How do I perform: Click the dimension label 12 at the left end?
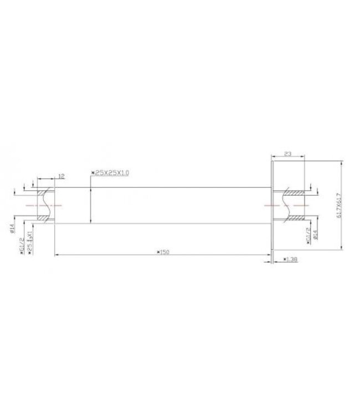61,176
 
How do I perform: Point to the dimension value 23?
287,155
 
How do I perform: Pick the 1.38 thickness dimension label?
291,258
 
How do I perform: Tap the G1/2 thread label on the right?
306,237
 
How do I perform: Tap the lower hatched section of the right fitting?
294,218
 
